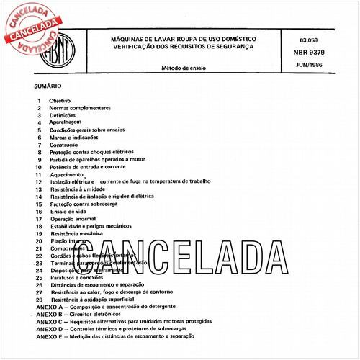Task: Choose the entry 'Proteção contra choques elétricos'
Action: [92, 152]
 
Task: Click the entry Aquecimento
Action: [67, 174]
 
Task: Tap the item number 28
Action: [39, 299]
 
